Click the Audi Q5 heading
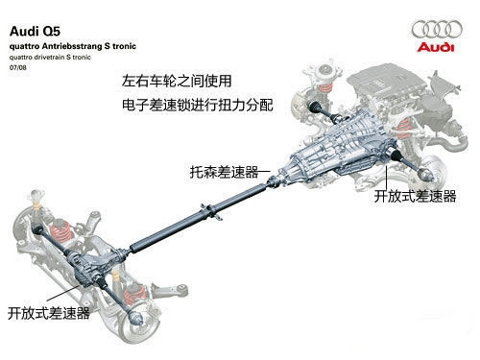click(x=35, y=32)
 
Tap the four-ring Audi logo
click(x=437, y=29)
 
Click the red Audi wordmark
click(x=436, y=47)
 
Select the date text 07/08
click(x=18, y=67)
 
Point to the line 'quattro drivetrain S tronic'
click(x=50, y=58)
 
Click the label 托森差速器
click(x=224, y=172)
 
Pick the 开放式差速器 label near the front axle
click(x=415, y=196)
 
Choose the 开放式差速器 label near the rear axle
click(x=49, y=313)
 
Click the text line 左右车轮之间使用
click(x=177, y=81)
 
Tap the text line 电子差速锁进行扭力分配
click(x=198, y=105)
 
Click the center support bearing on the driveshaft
click(x=211, y=211)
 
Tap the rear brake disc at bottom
click(x=141, y=324)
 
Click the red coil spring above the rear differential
click(x=61, y=231)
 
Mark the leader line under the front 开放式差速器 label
click(x=387, y=178)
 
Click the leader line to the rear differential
click(x=62, y=293)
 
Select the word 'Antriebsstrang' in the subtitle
click(x=72, y=46)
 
